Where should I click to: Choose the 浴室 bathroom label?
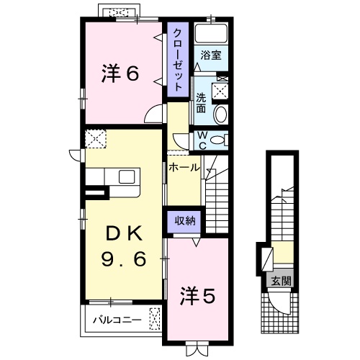tap(210, 55)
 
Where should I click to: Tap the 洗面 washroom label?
tap(202, 104)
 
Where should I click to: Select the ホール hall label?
tap(184, 167)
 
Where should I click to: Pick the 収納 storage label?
tap(184, 221)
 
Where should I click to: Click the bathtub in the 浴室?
tap(212, 35)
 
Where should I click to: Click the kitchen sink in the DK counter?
tap(127, 177)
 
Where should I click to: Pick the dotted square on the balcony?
tap(154, 316)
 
